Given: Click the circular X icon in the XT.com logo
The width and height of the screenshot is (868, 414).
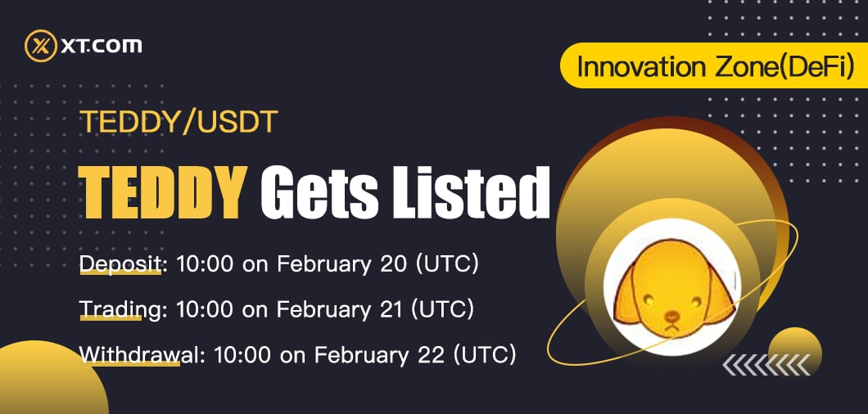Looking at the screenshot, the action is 41,45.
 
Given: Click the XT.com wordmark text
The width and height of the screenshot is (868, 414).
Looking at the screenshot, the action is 102,46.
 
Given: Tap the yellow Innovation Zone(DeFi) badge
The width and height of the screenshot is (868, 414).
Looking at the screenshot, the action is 714,65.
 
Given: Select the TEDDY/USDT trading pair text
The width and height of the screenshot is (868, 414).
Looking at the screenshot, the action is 179,123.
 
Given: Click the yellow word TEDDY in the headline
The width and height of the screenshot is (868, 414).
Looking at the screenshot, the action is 163,192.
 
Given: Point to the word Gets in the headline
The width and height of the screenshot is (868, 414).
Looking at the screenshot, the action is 320,192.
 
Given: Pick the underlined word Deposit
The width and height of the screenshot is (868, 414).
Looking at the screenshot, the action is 120,264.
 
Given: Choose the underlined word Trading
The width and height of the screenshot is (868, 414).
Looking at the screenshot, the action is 119,309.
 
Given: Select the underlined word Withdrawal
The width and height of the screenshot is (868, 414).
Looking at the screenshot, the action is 138,355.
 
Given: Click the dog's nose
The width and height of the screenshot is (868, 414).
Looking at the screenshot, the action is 671,316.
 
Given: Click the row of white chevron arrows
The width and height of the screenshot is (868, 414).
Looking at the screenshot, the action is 766,365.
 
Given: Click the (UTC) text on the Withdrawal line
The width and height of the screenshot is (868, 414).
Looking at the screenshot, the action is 485,355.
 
